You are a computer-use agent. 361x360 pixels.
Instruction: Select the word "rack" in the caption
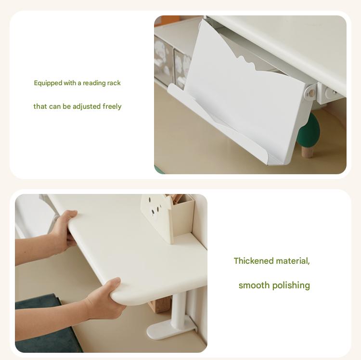click(114, 83)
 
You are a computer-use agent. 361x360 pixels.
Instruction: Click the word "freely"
click(112, 106)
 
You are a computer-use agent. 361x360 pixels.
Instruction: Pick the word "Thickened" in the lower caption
click(254, 261)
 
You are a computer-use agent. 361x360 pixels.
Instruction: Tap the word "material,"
click(293, 261)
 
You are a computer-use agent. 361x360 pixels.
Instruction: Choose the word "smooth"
click(254, 285)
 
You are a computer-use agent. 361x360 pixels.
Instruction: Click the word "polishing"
click(291, 286)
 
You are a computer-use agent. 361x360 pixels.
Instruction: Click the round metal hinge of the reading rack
click(310, 93)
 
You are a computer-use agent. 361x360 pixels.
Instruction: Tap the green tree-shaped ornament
click(309, 131)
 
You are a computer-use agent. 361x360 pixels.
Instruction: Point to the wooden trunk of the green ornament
click(308, 152)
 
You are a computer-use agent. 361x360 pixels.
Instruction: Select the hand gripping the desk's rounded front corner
click(105, 299)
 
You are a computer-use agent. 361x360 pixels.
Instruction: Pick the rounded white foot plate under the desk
click(170, 328)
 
